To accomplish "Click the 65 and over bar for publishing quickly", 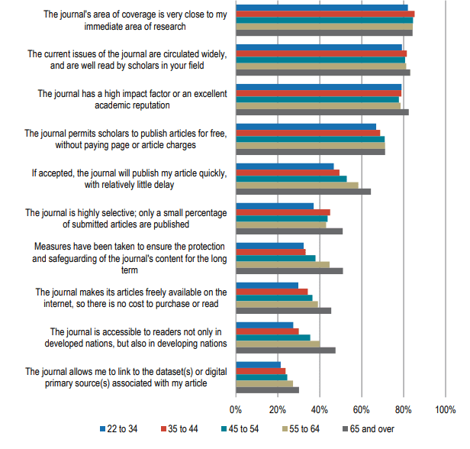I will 303,191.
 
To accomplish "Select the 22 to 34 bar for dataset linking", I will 258,365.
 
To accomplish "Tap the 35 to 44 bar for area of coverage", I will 325,14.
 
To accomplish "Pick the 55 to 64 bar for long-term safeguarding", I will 282,264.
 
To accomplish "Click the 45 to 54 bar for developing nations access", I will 272,338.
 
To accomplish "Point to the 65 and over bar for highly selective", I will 289,231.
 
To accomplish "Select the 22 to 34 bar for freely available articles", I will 267,286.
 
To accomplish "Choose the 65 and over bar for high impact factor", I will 322,112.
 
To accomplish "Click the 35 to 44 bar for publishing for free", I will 307,133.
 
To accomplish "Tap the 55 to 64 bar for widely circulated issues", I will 320,66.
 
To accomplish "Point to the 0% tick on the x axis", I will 236,410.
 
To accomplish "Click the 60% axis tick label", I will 362,410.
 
